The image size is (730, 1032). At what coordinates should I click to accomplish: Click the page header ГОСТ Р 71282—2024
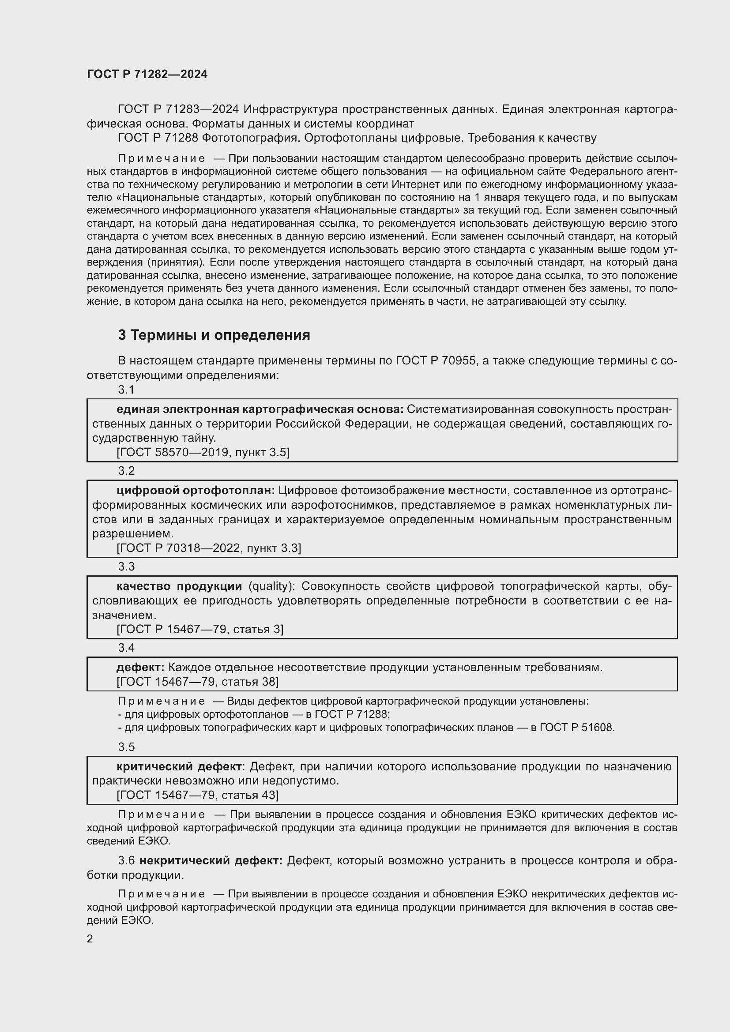point(147,75)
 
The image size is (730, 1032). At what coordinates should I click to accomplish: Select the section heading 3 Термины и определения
point(214,335)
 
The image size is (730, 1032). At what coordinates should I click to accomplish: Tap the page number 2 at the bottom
point(90,938)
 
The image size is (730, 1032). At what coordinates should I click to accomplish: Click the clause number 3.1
point(126,390)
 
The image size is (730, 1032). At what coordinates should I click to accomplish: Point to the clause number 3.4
point(126,647)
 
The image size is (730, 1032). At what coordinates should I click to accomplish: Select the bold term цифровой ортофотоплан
point(196,490)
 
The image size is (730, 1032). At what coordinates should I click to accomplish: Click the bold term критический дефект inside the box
point(179,766)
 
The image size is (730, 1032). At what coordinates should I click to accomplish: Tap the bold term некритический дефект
point(211,861)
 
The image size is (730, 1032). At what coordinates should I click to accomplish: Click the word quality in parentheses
point(270,586)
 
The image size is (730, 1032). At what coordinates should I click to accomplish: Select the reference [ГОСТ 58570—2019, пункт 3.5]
point(203,452)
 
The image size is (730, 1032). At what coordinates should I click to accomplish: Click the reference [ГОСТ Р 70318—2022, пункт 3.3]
point(209,548)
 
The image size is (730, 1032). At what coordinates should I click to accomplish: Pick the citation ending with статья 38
point(197,682)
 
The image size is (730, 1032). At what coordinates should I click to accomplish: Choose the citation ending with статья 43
point(197,795)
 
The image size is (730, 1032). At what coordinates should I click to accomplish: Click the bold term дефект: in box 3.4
point(140,668)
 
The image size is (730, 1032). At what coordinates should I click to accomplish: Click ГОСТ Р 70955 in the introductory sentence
point(436,360)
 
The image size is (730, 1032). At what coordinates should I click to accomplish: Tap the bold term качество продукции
point(179,586)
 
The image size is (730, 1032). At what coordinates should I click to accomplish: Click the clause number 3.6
point(126,861)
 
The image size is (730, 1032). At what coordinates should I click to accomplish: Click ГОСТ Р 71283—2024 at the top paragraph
point(178,109)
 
